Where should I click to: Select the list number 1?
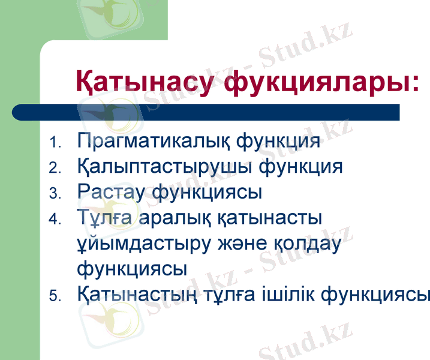pyautogui.click(x=55, y=144)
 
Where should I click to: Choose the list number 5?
pyautogui.click(x=55, y=296)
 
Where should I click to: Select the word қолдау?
pyautogui.click(x=306, y=244)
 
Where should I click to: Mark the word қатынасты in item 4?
pyautogui.click(x=273, y=218)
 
